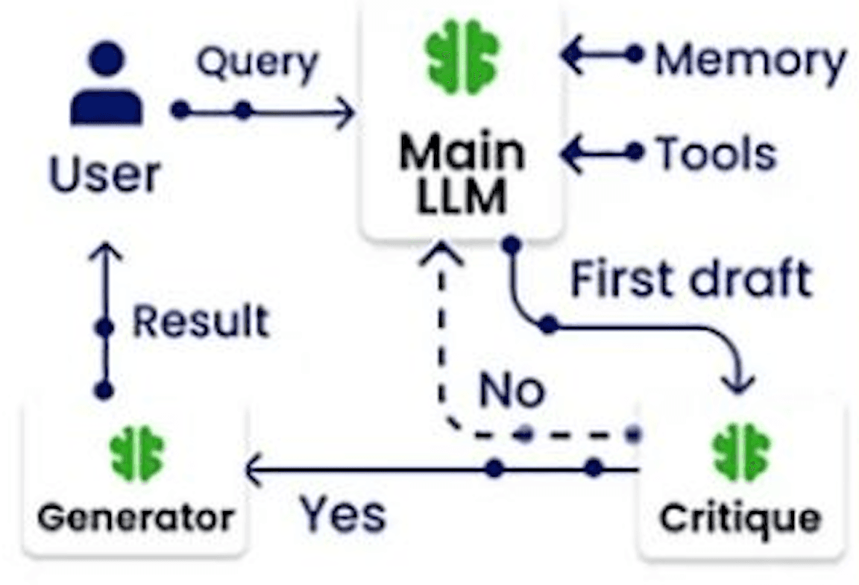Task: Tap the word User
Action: (x=105, y=175)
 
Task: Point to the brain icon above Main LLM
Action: (x=462, y=57)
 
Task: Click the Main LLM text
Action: (x=462, y=173)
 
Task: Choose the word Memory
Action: (x=751, y=60)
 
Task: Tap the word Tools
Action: (x=717, y=154)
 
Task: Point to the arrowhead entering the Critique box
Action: (x=738, y=383)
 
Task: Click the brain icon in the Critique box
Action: (x=741, y=451)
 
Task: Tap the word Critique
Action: (x=740, y=518)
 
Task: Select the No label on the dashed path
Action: (x=512, y=390)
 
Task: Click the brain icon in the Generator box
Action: (x=137, y=454)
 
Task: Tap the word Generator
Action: (x=136, y=518)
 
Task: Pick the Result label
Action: (x=201, y=322)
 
